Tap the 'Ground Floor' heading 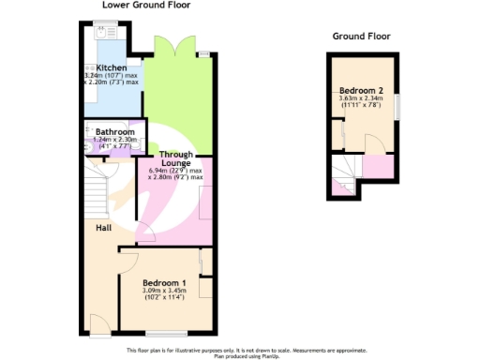[x=361, y=37]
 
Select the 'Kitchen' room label [x=111, y=67]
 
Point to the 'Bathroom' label [x=113, y=133]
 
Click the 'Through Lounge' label [x=175, y=158]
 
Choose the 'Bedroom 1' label [x=164, y=282]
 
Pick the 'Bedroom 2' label [x=361, y=92]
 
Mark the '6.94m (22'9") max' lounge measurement [x=175, y=171]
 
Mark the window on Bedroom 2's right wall [x=396, y=106]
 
